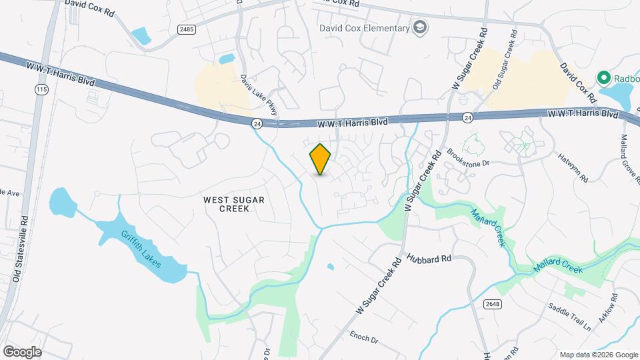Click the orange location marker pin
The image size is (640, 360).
coord(320,159)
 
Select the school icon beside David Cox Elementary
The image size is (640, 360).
coord(421,28)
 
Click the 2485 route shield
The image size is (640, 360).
coord(186,29)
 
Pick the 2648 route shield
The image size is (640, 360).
coord(492,303)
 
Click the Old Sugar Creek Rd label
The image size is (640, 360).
coord(503,67)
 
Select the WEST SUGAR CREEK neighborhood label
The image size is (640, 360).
coord(225,203)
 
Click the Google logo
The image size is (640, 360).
coord(22,352)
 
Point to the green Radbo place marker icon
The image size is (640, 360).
coord(605,78)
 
